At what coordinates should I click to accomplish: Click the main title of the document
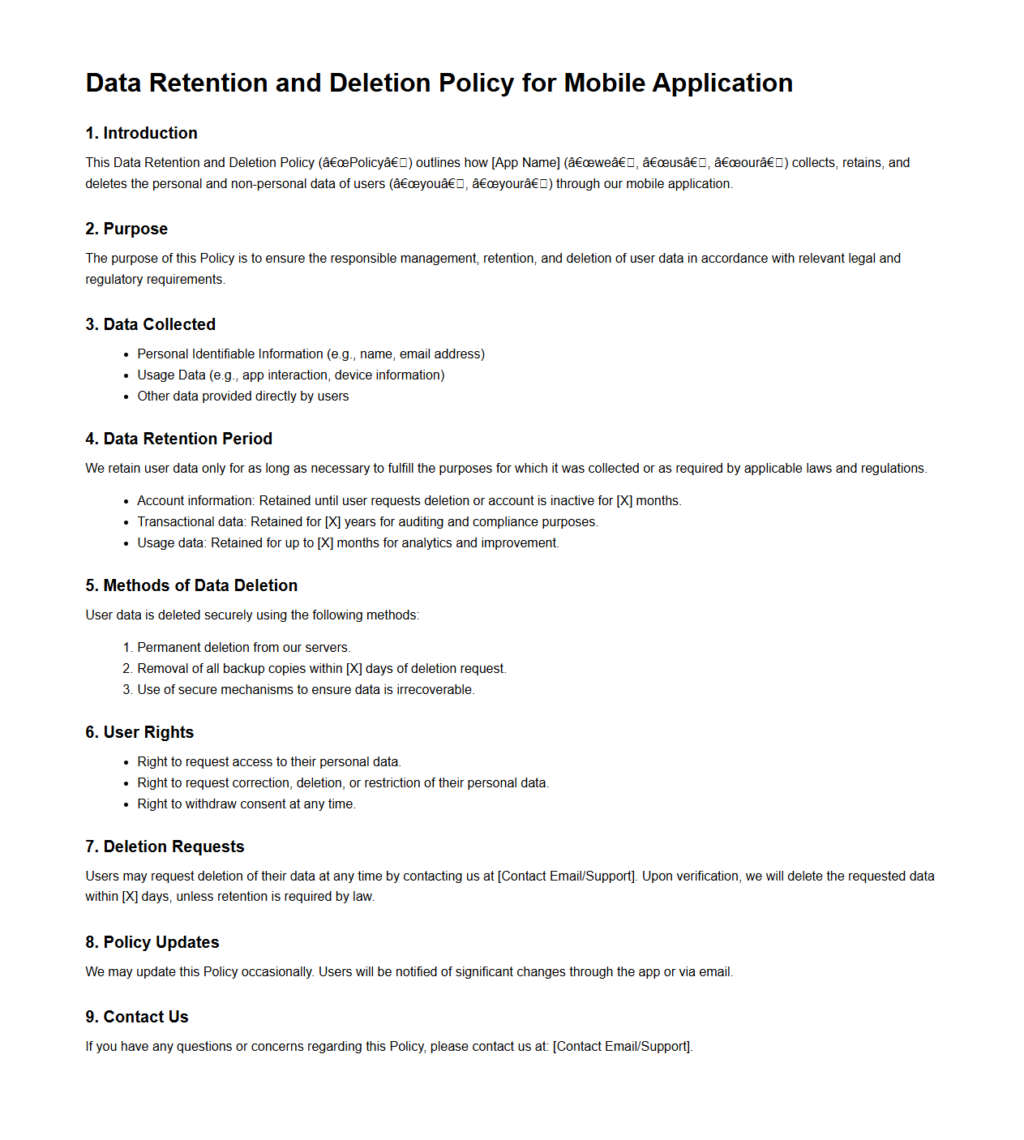coord(439,83)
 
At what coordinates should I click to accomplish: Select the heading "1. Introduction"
coord(141,133)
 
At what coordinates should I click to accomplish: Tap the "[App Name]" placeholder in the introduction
coord(525,162)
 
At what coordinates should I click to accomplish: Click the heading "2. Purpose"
coord(126,229)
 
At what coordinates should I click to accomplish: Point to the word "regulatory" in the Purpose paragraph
coord(114,279)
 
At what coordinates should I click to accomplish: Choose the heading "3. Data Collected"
coord(150,324)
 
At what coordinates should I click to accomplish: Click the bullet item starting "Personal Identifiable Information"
coord(311,354)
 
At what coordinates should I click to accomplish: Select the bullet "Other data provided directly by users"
coord(242,396)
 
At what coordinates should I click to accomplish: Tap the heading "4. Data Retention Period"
coord(178,439)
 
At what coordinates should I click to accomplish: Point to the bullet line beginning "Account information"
coord(409,500)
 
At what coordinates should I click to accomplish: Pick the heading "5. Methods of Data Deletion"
coord(191,585)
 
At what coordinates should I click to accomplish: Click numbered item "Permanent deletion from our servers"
coord(243,647)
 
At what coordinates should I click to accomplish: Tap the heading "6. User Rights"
coord(139,732)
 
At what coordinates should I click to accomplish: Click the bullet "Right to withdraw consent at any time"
coord(246,804)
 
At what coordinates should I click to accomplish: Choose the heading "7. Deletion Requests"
coord(165,846)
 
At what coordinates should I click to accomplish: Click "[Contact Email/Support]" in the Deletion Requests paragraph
coord(567,876)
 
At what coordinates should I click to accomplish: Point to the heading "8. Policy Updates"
coord(152,942)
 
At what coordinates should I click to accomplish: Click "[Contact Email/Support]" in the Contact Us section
coord(622,1046)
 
